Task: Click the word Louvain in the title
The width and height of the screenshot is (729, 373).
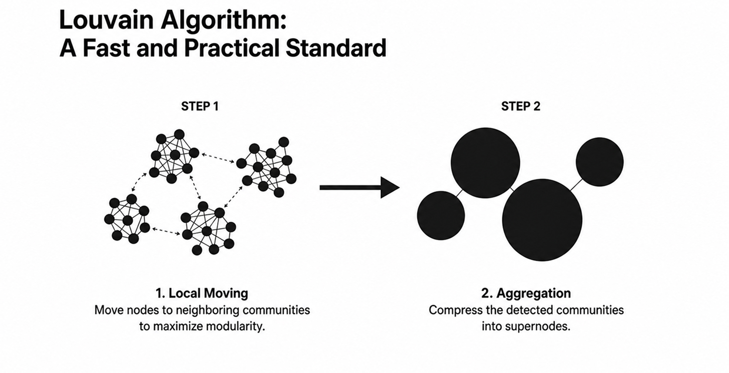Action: tap(106, 20)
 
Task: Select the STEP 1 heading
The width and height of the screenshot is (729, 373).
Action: tap(200, 106)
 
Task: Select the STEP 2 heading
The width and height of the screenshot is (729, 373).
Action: tap(521, 106)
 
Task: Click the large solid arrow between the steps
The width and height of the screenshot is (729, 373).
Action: tap(360, 187)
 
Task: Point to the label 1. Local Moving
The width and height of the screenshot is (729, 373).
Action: tap(202, 293)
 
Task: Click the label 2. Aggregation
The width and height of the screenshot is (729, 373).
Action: tap(526, 293)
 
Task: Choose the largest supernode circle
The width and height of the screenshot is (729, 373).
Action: tap(542, 220)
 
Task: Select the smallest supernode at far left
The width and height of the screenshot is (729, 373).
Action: tap(441, 216)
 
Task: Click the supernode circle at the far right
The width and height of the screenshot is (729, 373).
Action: tap(600, 162)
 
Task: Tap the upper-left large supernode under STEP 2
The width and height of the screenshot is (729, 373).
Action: tap(485, 163)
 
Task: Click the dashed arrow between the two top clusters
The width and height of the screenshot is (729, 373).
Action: tap(218, 158)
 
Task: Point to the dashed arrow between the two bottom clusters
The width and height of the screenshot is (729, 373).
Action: tap(166, 231)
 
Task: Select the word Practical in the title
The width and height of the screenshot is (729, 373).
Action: tap(231, 48)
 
